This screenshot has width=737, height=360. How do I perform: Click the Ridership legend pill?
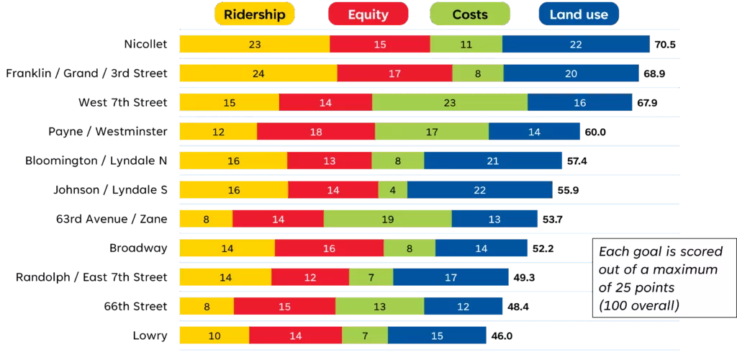(x=254, y=14)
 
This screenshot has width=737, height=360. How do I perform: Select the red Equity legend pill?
(x=368, y=14)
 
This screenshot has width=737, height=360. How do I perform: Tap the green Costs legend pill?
(x=469, y=14)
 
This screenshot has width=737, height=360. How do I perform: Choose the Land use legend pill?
(x=578, y=14)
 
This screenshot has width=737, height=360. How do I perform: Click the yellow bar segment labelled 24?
(x=258, y=73)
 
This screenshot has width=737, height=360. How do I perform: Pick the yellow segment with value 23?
(x=254, y=45)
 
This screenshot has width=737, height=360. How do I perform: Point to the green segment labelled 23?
(x=450, y=103)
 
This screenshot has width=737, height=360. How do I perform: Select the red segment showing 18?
(x=316, y=132)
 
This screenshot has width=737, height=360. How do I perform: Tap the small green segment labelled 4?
(x=393, y=190)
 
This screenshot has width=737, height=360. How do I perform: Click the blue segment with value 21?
(x=493, y=161)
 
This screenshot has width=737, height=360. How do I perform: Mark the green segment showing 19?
(x=388, y=219)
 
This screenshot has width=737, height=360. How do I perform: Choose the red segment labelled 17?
(x=394, y=73)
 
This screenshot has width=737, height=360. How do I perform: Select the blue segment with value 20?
(x=571, y=73)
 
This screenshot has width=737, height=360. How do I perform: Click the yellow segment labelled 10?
(x=214, y=335)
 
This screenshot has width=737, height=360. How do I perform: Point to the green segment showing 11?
(x=466, y=45)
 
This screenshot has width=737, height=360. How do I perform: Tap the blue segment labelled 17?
(x=451, y=276)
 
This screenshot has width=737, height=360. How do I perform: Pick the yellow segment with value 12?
(x=218, y=132)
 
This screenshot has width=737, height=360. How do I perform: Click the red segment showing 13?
(x=330, y=161)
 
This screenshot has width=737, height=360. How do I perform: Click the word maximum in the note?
(x=682, y=269)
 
